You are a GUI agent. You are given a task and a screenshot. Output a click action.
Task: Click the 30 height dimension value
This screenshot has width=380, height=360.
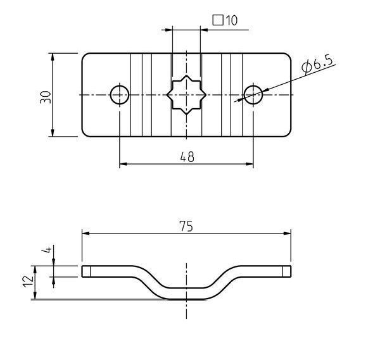pyautogui.click(x=46, y=97)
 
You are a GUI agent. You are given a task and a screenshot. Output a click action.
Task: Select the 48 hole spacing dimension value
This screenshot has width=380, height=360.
pyautogui.click(x=187, y=157)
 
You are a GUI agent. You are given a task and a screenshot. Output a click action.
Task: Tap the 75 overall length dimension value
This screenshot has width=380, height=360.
pyautogui.click(x=186, y=226)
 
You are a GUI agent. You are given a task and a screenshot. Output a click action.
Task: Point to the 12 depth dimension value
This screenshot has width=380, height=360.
pyautogui.click(x=28, y=281)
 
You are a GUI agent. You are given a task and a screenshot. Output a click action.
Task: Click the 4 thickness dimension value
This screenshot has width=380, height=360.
pyautogui.click(x=47, y=249)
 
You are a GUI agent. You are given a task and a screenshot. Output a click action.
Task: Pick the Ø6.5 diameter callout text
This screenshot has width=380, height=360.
pyautogui.click(x=318, y=64)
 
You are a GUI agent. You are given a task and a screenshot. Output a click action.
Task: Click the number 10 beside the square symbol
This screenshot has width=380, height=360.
pyautogui.click(x=231, y=20)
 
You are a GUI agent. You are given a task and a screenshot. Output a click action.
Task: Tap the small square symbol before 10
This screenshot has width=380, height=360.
pyautogui.click(x=218, y=20)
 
